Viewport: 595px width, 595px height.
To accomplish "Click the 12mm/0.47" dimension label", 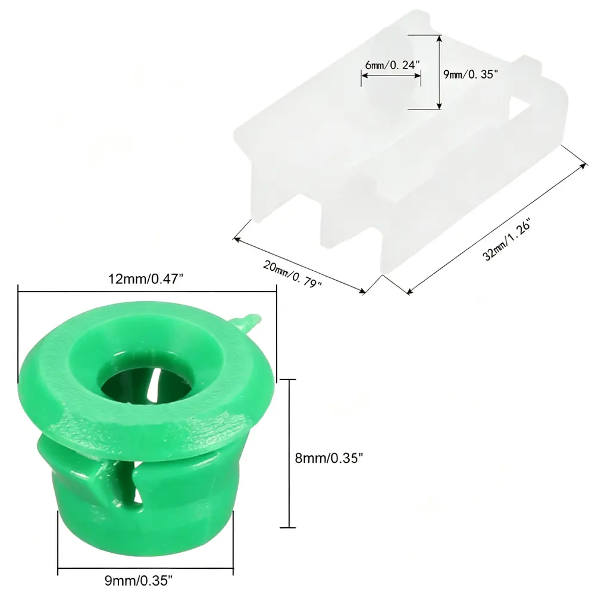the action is click(x=146, y=279).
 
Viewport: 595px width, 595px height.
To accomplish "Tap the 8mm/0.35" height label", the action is click(x=329, y=458).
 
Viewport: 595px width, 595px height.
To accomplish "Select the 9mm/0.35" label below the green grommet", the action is click(x=139, y=580).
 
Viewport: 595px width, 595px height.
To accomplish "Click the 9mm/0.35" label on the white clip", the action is click(x=471, y=74).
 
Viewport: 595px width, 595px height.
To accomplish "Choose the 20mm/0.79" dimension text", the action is click(x=292, y=274).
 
